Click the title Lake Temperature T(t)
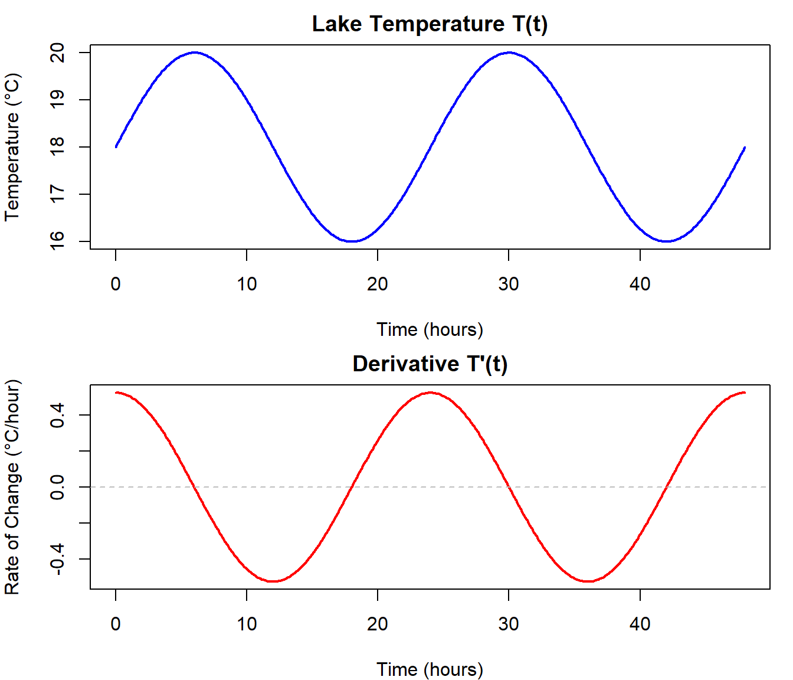(x=430, y=24)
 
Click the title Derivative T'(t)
(x=430, y=364)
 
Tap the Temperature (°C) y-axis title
(x=12, y=147)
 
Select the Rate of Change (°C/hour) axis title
(x=12, y=487)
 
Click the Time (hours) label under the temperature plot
(x=430, y=329)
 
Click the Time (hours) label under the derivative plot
(x=430, y=669)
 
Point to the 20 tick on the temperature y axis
(x=58, y=53)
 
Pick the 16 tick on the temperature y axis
(x=58, y=241)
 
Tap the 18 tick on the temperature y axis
(x=58, y=147)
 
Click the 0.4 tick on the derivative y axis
(x=58, y=415)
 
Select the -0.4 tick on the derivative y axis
(x=58, y=559)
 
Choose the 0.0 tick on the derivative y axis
(x=58, y=487)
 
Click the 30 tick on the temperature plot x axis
(x=509, y=284)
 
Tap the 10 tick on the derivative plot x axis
(x=247, y=624)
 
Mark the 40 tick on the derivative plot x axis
(x=640, y=624)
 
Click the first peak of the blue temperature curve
(x=195, y=53)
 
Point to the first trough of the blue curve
(x=352, y=241)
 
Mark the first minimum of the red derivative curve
(x=273, y=581)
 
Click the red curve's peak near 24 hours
(x=430, y=393)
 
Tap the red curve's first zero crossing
(x=195, y=487)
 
